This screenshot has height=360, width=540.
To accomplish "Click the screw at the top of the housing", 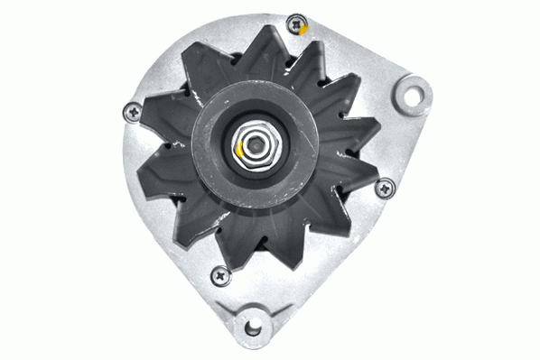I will pos(294,25).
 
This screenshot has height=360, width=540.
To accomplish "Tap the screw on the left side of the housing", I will pos(131,112).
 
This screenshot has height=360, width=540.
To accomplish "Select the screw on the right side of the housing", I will pos(386,188).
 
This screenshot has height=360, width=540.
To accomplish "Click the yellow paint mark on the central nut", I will pos(237,147).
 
